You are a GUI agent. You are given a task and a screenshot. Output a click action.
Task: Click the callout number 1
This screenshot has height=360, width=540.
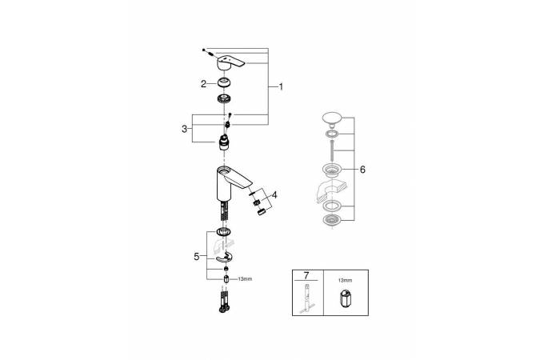coord(281,87)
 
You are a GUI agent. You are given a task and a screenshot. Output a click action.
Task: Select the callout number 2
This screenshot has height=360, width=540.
coord(203,84)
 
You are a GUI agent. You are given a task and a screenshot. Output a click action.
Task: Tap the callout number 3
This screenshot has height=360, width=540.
coord(185,129)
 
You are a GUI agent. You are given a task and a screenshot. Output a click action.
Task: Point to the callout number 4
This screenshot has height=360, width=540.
coord(274,195)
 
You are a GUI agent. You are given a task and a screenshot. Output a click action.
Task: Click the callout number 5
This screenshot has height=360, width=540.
coord(196,257)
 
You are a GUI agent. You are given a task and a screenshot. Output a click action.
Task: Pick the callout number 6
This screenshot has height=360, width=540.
coord(362,170)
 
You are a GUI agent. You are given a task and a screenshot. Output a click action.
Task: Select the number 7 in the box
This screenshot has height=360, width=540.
coord(306,275)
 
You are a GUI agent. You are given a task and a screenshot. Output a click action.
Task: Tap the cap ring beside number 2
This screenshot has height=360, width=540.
coord(224,83)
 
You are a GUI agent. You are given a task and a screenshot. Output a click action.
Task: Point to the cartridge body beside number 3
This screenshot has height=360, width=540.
coord(224,143)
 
